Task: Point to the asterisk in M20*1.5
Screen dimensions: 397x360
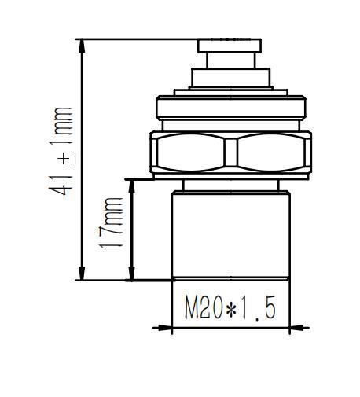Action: click(231, 309)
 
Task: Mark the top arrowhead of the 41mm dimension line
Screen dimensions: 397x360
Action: click(81, 44)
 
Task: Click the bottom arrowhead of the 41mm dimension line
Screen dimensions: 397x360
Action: click(81, 274)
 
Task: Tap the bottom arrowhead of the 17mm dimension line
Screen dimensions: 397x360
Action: click(131, 274)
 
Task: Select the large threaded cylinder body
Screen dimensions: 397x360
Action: click(230, 232)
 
